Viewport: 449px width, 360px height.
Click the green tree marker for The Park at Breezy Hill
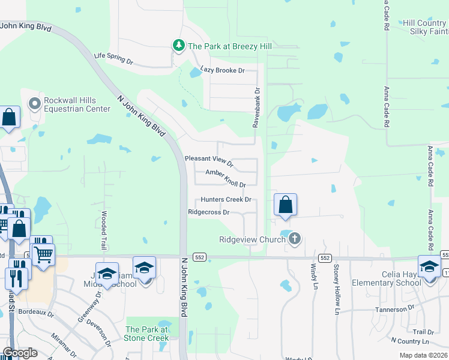click(178, 46)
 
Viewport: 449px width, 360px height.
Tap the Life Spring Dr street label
click(113, 59)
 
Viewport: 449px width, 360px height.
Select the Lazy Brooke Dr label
click(223, 70)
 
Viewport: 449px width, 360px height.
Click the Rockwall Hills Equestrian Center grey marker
click(34, 104)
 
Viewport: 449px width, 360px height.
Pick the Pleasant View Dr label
click(209, 160)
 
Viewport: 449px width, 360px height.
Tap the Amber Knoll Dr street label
click(226, 178)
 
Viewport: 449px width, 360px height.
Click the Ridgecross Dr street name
click(209, 212)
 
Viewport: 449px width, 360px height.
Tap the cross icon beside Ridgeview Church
click(294, 239)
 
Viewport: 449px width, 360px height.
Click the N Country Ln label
click(412, 341)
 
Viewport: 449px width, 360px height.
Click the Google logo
click(20, 353)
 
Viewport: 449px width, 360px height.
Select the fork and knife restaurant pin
click(16, 277)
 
